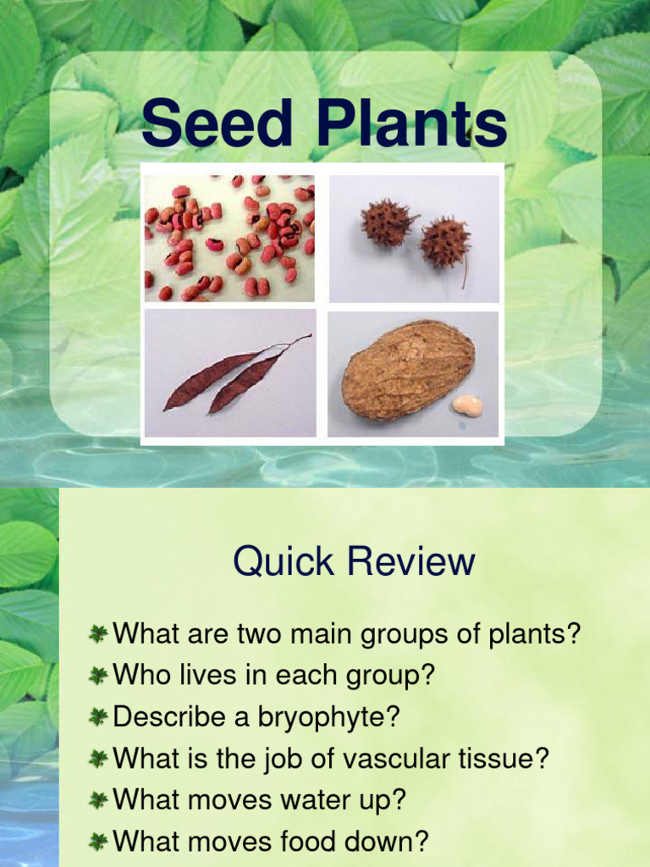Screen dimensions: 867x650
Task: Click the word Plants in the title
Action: click(411, 124)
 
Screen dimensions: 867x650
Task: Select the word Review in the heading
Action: click(410, 561)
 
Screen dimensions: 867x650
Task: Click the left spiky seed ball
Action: click(387, 222)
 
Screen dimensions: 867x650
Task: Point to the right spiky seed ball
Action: click(444, 242)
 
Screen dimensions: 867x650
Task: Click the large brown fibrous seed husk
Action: click(408, 368)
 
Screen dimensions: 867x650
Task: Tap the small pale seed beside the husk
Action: click(467, 406)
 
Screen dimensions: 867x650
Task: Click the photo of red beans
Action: click(229, 238)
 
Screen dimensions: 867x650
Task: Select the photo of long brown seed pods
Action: click(229, 373)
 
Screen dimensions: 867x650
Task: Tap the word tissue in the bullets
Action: click(500, 759)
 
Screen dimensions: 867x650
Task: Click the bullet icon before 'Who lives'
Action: click(99, 676)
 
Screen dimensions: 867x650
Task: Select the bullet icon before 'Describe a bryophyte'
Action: click(99, 717)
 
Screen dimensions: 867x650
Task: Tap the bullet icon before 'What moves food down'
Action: click(99, 842)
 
